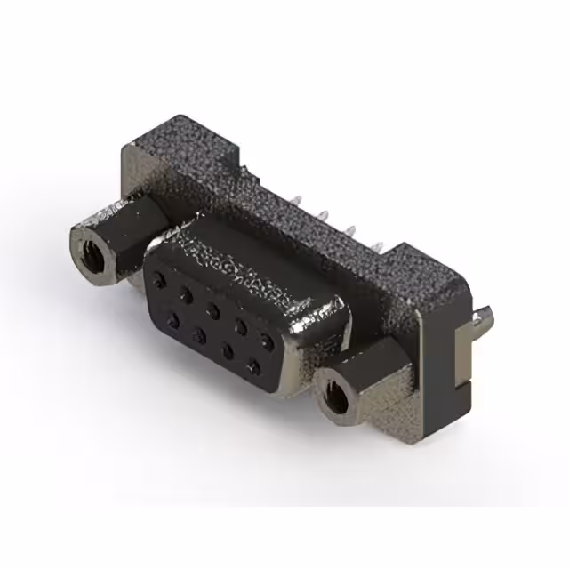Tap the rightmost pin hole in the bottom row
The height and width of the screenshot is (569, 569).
point(255,365)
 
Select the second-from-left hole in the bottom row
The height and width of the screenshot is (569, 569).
point(200,335)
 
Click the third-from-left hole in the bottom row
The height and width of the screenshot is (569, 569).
point(228,350)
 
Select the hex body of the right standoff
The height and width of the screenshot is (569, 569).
point(373,378)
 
